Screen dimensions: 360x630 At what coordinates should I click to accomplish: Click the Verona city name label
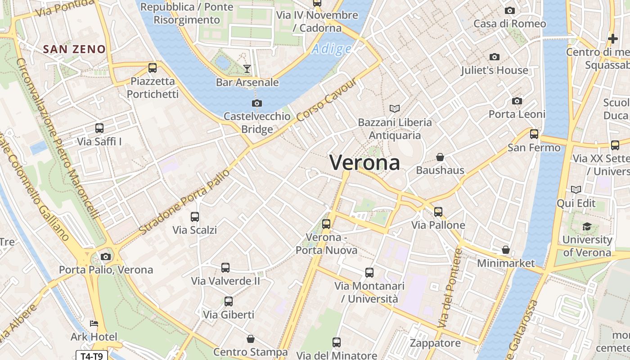pos(364,162)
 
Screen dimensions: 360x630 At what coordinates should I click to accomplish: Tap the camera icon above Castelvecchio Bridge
pos(257,103)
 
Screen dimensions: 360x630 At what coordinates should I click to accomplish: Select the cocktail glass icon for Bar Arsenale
pos(247,68)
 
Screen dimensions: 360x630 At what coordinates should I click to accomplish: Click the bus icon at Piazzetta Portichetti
pos(153,68)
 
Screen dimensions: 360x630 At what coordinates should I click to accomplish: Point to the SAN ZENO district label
pos(74,49)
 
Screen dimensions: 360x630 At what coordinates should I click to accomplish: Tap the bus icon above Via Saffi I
pos(99,128)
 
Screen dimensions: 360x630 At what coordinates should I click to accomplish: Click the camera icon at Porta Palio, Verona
pos(106,256)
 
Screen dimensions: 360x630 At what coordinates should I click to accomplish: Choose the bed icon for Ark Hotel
pos(94,324)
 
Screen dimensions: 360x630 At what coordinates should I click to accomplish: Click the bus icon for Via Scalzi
pos(195,216)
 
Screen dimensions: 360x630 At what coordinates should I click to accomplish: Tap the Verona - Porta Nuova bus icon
pos(326,224)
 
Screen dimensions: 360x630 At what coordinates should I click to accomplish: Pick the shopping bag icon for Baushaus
pos(440,157)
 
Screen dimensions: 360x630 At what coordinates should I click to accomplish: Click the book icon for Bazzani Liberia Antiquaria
pos(395,108)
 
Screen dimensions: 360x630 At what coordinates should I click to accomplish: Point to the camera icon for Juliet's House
pos(495,57)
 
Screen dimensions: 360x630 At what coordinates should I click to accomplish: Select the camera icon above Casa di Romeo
pos(510,10)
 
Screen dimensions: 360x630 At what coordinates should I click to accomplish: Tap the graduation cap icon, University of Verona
pos(587,226)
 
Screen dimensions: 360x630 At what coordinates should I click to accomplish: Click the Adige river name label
pos(332,49)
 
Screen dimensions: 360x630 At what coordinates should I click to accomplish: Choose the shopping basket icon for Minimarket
pos(506,249)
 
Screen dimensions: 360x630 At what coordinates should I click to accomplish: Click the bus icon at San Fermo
pos(534,134)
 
